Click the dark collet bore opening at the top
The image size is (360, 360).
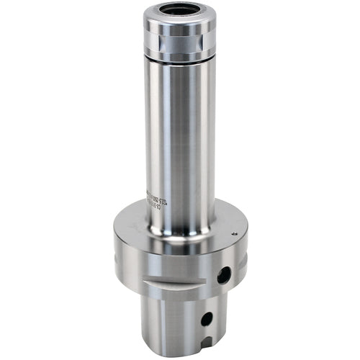coord(180,11)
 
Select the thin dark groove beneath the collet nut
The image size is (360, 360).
coord(180,60)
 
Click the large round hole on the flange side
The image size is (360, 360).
coord(225,274)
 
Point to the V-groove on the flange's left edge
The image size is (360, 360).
coord(117,253)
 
